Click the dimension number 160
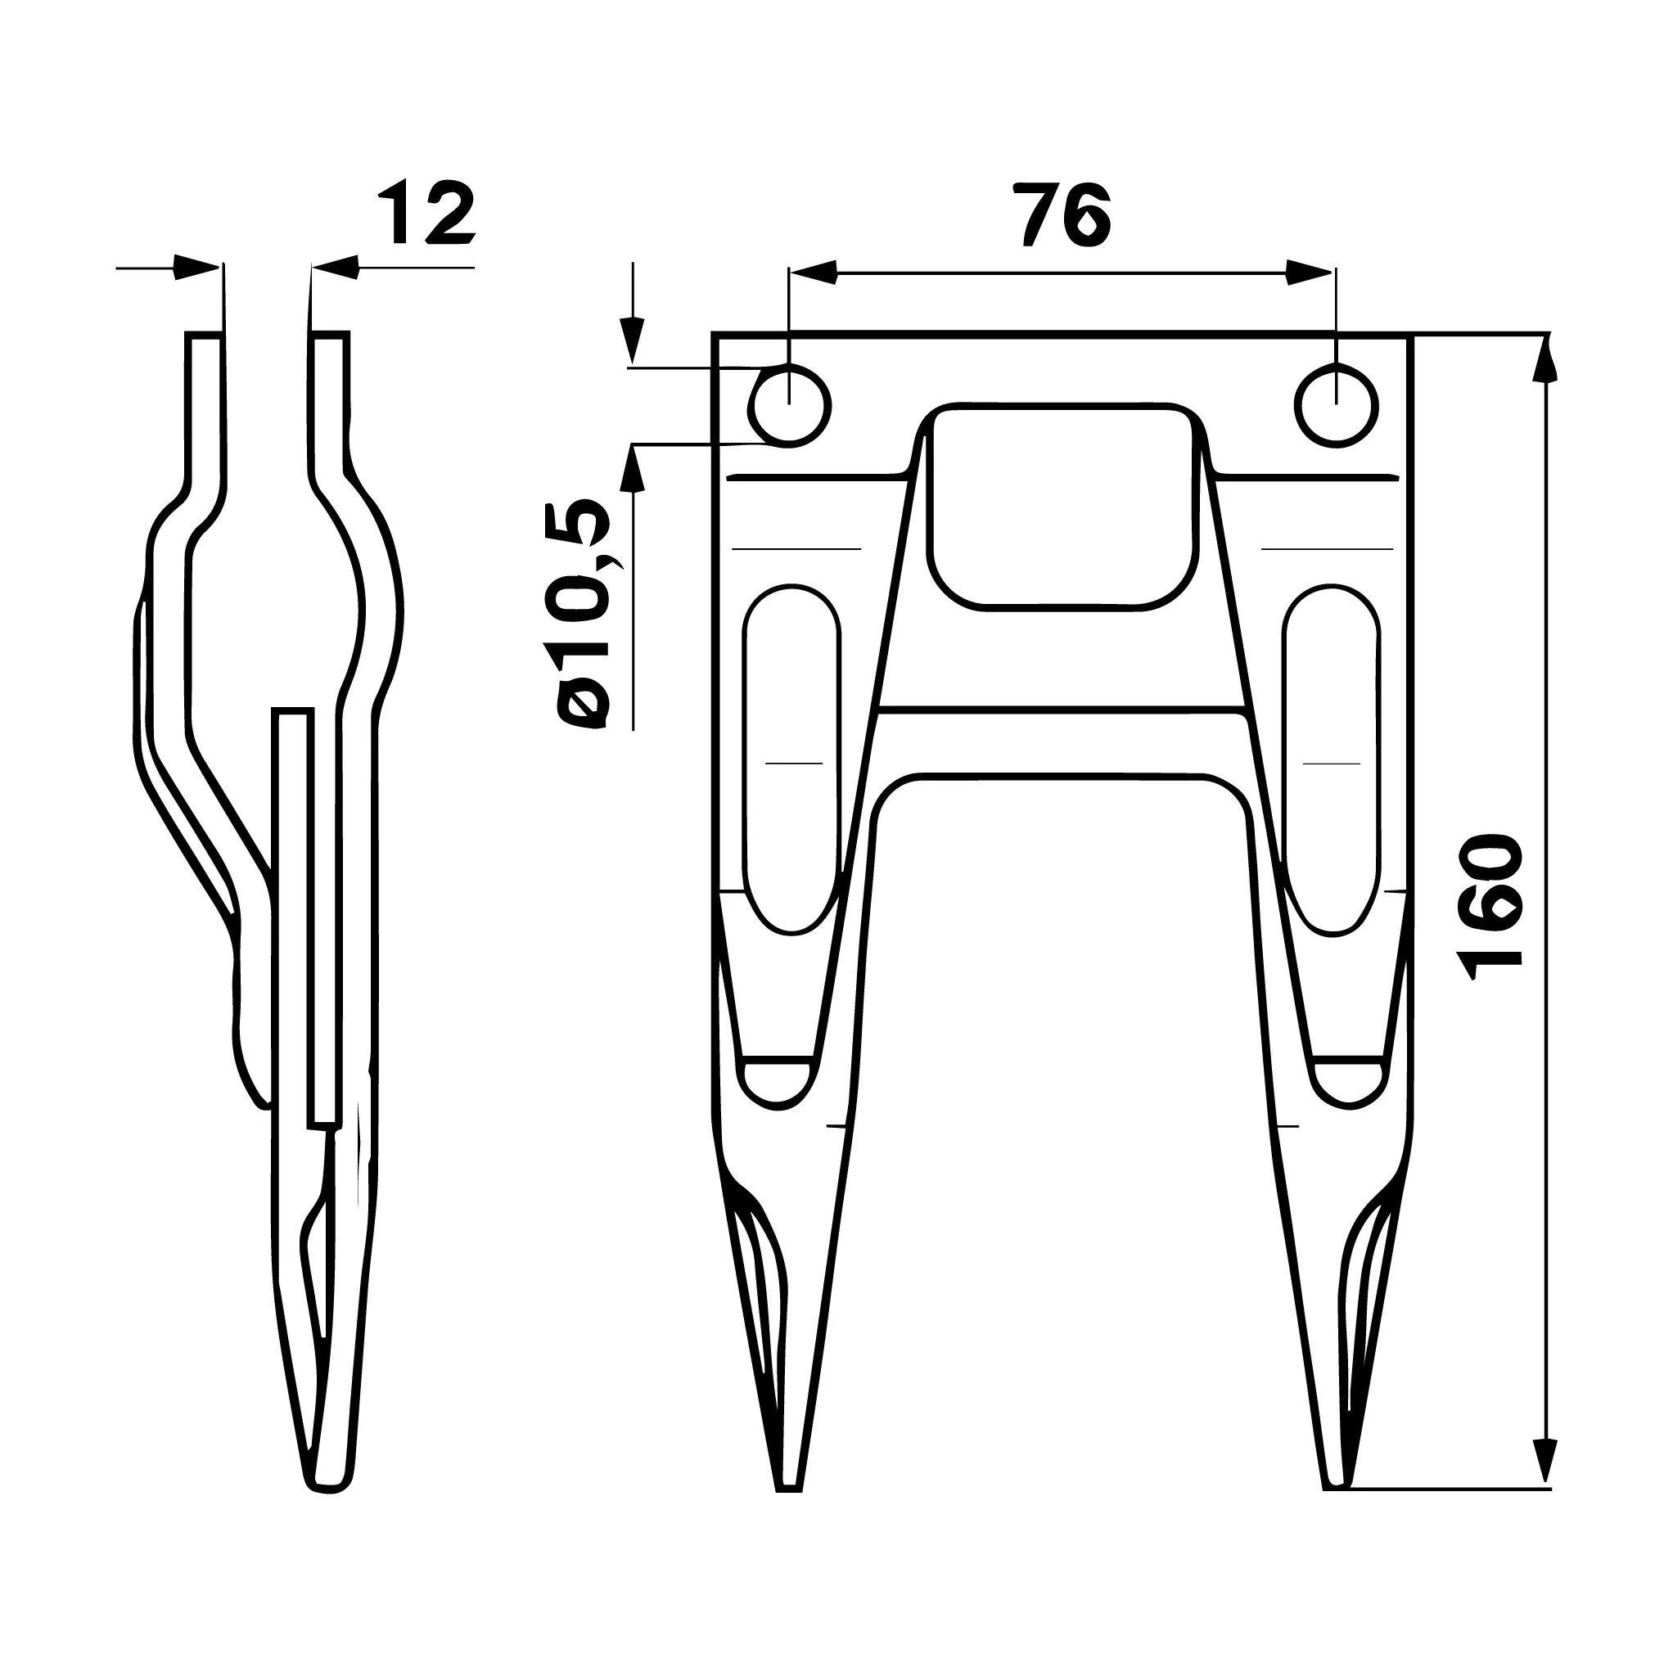pyautogui.click(x=1490, y=907)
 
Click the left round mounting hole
pyautogui.click(x=789, y=405)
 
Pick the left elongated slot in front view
pyautogui.click(x=791, y=760)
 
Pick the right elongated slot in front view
pyautogui.click(x=1333, y=760)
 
